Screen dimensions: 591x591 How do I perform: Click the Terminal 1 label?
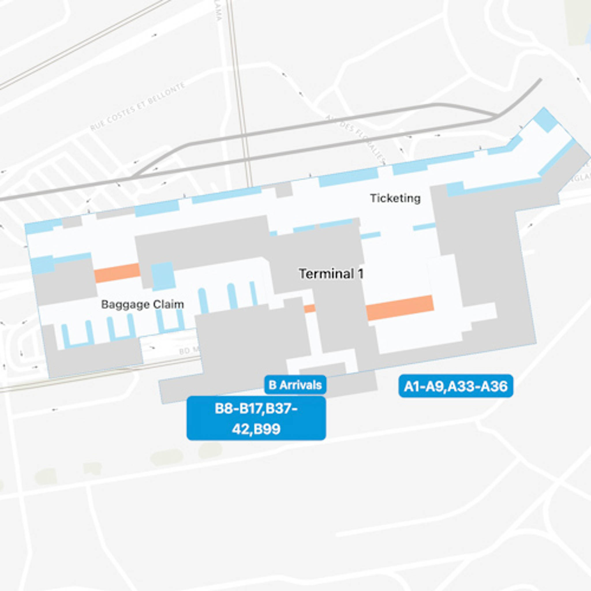pyautogui.click(x=331, y=274)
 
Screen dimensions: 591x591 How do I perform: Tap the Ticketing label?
pyautogui.click(x=395, y=198)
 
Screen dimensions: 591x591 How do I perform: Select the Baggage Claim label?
pyautogui.click(x=143, y=304)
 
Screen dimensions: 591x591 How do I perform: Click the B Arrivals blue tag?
pyautogui.click(x=295, y=385)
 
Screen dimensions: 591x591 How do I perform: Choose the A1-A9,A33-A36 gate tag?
pyautogui.click(x=455, y=386)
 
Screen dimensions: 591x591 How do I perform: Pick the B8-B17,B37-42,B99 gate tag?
pyautogui.click(x=256, y=418)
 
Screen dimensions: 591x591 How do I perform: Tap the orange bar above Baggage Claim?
pyautogui.click(x=117, y=272)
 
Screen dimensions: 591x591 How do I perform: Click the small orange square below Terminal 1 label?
pyautogui.click(x=310, y=308)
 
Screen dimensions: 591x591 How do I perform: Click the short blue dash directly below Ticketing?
pyautogui.click(x=424, y=227)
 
